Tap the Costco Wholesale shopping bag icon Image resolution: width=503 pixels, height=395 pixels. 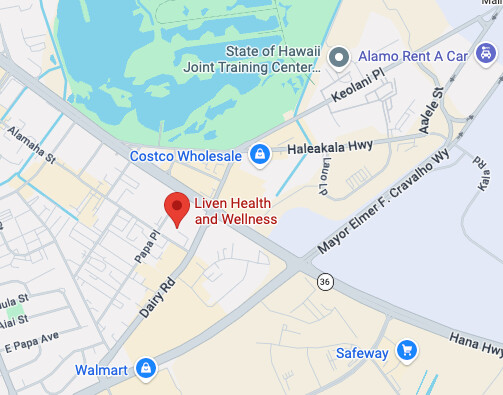pyautogui.click(x=259, y=155)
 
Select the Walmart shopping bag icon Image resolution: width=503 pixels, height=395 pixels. pyautogui.click(x=146, y=369)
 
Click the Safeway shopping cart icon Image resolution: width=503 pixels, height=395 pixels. pyautogui.click(x=406, y=350)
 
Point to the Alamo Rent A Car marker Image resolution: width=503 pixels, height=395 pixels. pyautogui.click(x=339, y=57)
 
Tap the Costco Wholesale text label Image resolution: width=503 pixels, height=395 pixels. pyautogui.click(x=186, y=156)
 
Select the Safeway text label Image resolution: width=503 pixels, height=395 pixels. pyautogui.click(x=361, y=351)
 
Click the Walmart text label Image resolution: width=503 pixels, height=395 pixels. pyautogui.click(x=102, y=370)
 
